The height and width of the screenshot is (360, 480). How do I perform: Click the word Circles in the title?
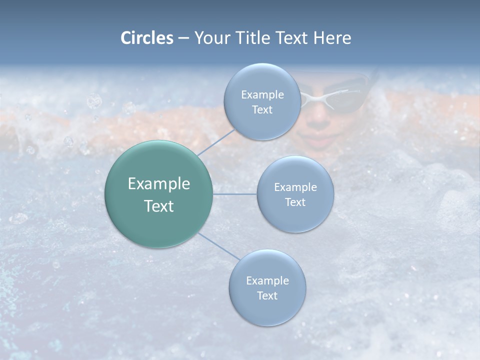[146, 38]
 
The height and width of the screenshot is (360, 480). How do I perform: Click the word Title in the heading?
[254, 38]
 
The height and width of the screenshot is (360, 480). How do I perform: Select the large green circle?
[158, 194]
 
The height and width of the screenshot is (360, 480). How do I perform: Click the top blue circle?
[262, 102]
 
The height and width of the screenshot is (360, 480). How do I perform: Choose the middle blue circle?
[295, 194]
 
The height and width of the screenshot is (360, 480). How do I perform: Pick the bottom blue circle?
[267, 287]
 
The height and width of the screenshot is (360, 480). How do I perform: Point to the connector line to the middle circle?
[234, 194]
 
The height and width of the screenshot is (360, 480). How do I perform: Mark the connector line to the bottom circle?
[218, 246]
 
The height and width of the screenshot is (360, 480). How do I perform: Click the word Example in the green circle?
[158, 183]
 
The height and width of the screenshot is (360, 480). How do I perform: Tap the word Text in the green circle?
[158, 206]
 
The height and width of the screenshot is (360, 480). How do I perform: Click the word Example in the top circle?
[262, 94]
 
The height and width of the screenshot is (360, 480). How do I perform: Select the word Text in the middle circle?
[295, 202]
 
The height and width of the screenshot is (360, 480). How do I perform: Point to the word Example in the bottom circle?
[267, 280]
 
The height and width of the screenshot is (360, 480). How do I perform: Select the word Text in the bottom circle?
[267, 295]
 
